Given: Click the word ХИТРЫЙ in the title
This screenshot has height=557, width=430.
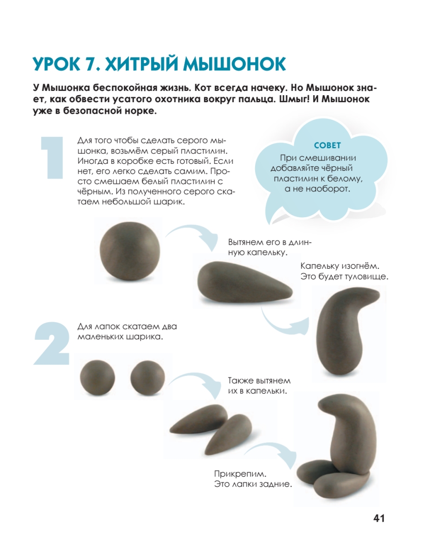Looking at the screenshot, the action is click(141, 64).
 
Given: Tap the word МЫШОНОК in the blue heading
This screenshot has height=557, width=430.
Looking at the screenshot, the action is click(234, 64).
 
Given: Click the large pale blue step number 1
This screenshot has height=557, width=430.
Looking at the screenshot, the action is click(52, 158).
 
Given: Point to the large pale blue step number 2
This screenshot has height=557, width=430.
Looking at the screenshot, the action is click(52, 343).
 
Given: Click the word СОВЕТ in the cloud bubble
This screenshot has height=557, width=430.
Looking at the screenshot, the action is click(327, 145).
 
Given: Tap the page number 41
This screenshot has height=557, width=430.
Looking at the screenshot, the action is click(379, 518).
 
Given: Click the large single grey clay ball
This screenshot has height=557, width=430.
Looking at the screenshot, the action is click(129, 251).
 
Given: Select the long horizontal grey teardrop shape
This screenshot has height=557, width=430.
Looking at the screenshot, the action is click(245, 283).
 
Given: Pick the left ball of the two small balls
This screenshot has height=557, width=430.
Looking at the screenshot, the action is click(97, 378).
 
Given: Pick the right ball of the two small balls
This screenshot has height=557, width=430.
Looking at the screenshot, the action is click(148, 378).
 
